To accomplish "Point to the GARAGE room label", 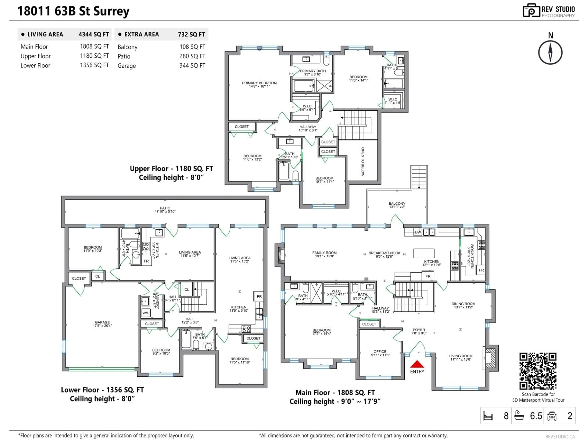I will pyautogui.click(x=102, y=324).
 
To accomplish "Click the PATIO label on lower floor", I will pyautogui.click(x=165, y=209).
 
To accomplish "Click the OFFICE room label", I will pyautogui.click(x=380, y=353).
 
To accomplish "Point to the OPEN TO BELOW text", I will pyautogui.click(x=363, y=162).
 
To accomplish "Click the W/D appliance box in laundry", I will pyautogui.click(x=146, y=313).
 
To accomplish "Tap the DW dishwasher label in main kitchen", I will pyautogui.click(x=418, y=232).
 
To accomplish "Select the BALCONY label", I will pyautogui.click(x=397, y=205).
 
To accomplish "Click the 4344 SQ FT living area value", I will pyautogui.click(x=94, y=34).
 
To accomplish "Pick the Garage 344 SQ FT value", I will pyautogui.click(x=192, y=65).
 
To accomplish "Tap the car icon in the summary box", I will pyautogui.click(x=552, y=416).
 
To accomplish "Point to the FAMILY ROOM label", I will pyautogui.click(x=324, y=254).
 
